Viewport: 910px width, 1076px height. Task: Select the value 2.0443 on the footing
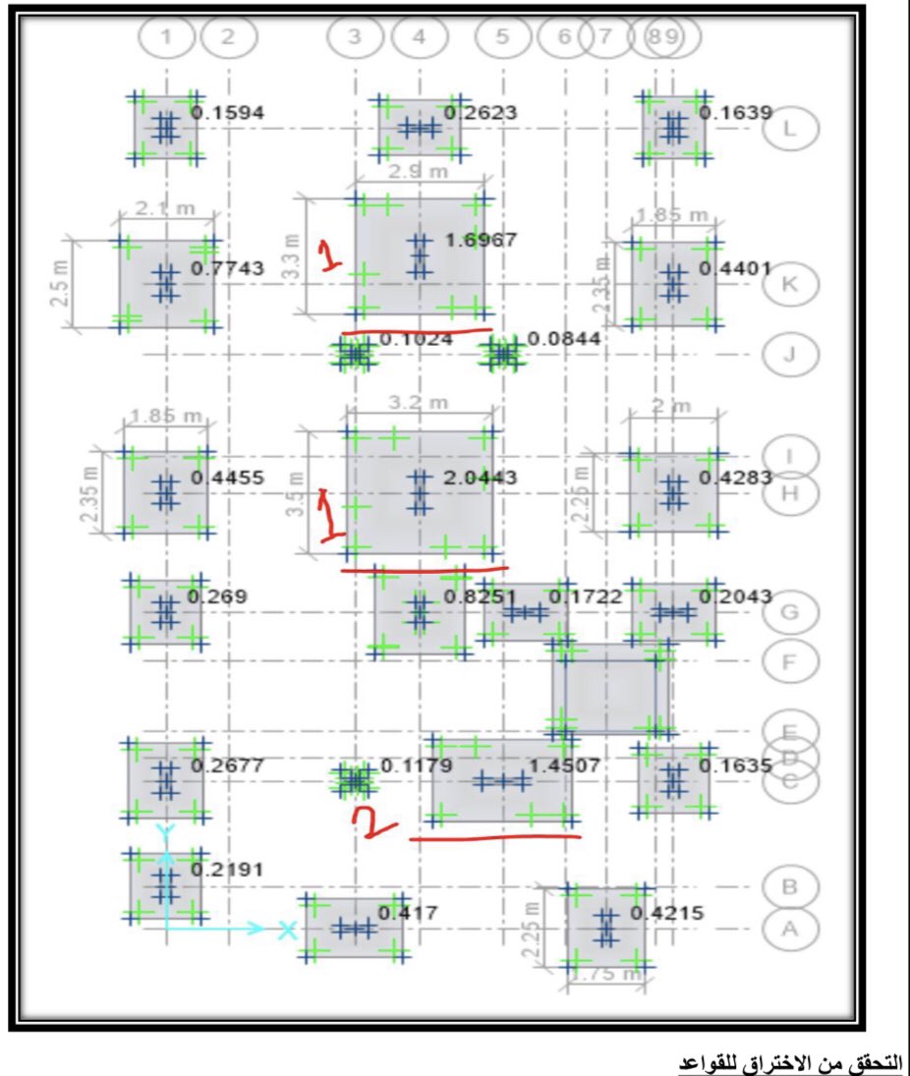pyautogui.click(x=481, y=478)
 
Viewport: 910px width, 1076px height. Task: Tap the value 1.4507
pyautogui.click(x=564, y=765)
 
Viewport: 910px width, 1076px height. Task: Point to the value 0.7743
pyautogui.click(x=227, y=267)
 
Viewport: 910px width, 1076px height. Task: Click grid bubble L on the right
pyautogui.click(x=789, y=129)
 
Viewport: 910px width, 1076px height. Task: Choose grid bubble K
pyautogui.click(x=789, y=284)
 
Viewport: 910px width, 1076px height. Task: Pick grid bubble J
pyautogui.click(x=789, y=354)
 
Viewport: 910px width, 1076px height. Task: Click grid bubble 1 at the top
pyautogui.click(x=166, y=37)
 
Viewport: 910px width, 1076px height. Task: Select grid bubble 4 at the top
pyautogui.click(x=420, y=37)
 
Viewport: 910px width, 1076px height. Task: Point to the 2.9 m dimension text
pyautogui.click(x=418, y=172)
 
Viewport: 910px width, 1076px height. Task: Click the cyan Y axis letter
pyautogui.click(x=166, y=831)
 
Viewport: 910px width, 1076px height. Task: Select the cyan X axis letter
pyautogui.click(x=287, y=929)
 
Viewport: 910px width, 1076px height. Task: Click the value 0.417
pyautogui.click(x=407, y=913)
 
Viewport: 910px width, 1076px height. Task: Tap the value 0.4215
pyautogui.click(x=667, y=913)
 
